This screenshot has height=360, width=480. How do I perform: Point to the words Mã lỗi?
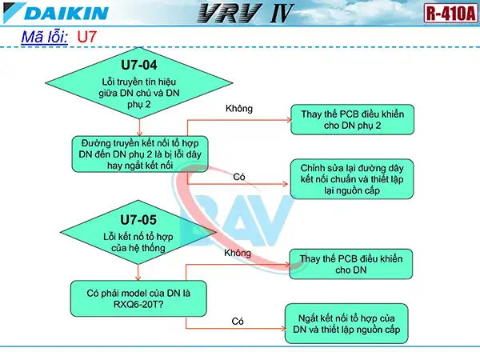coord(43,38)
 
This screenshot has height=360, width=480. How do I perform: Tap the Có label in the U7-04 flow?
coord(238,176)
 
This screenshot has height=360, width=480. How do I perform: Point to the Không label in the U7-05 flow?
coord(238,253)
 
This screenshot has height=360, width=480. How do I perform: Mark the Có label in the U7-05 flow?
coord(238,320)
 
